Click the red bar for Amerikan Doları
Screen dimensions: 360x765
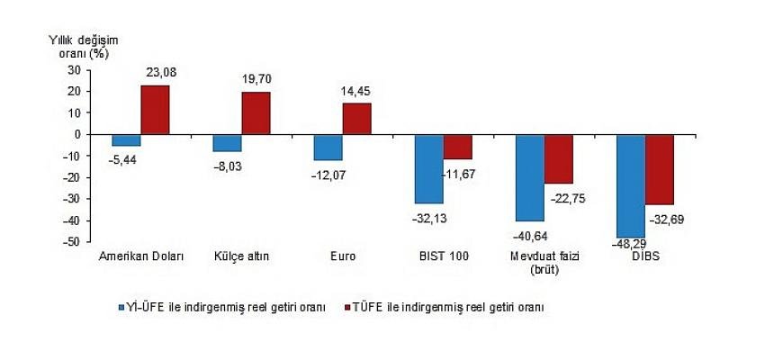155,110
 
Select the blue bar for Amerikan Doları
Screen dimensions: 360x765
126,140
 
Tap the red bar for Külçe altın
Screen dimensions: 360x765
256,113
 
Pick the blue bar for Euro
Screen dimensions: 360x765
328,148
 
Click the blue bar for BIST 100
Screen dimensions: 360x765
428,169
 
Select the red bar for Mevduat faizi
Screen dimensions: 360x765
558,159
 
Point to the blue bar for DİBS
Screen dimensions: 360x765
630,186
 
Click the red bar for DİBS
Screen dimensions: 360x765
659,169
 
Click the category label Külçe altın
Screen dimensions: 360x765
241,256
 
